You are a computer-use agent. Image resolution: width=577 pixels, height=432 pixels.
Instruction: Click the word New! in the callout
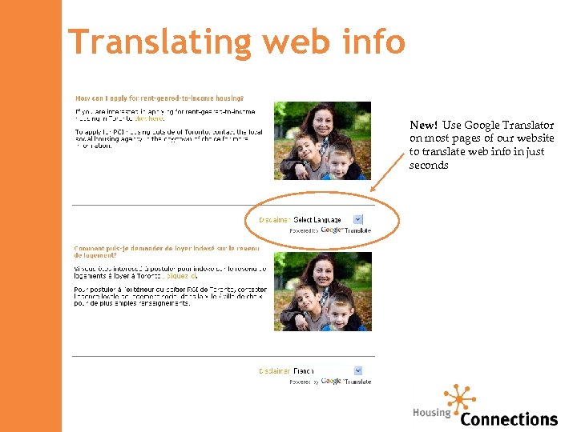coord(424,126)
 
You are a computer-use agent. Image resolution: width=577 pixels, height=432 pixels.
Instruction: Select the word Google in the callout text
coord(481,126)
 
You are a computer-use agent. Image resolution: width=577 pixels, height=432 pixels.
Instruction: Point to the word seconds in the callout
coord(429,166)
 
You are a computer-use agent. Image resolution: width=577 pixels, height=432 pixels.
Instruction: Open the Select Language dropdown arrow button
coord(358,219)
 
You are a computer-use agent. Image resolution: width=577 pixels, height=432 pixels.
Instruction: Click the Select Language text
coord(317,220)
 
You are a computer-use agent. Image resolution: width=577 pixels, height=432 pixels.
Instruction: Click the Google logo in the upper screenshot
coord(332,230)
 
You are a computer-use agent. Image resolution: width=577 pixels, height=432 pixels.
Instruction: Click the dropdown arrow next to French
coord(358,370)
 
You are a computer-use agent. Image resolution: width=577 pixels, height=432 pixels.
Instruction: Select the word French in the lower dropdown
coord(304,371)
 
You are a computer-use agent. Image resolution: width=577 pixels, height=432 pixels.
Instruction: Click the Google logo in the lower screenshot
coord(332,381)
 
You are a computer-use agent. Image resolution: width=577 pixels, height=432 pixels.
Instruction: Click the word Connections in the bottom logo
coord(509,419)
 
